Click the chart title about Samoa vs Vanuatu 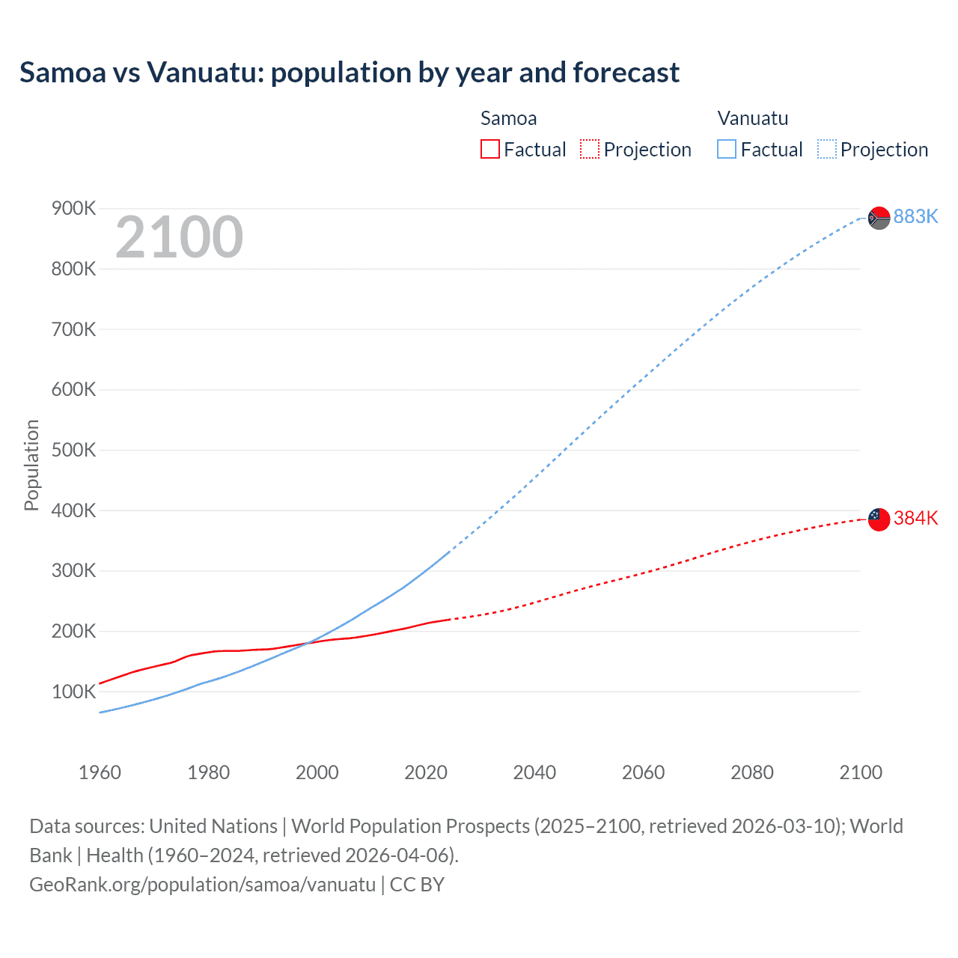[x=350, y=73]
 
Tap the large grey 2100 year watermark [x=179, y=237]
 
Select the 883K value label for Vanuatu [x=915, y=216]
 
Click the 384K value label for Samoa [x=915, y=518]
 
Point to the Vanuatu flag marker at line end [x=879, y=218]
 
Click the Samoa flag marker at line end [x=879, y=519]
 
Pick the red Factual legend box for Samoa [x=489, y=150]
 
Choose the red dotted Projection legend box [x=590, y=150]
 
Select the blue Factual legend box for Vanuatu [x=726, y=150]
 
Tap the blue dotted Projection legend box [x=826, y=150]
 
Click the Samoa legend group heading [x=508, y=118]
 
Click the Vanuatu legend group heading [x=752, y=118]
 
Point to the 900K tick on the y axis [x=73, y=208]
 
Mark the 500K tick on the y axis [x=73, y=450]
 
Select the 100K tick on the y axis [x=73, y=692]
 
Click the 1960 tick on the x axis [x=100, y=772]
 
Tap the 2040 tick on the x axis [x=534, y=772]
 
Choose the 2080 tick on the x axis [x=752, y=772]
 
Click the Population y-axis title [x=31, y=465]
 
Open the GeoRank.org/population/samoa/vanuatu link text [x=202, y=885]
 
